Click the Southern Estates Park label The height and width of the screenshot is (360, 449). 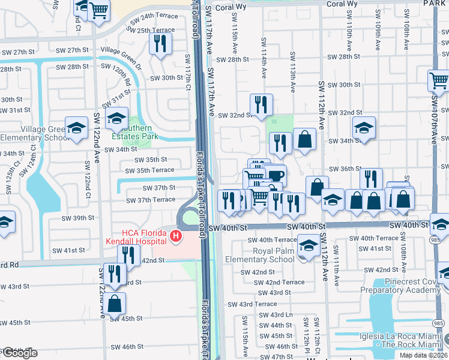click(139, 131)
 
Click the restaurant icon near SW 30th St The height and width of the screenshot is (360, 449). click(160, 43)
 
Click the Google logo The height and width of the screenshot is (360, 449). click(19, 353)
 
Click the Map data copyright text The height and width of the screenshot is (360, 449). click(423, 355)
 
